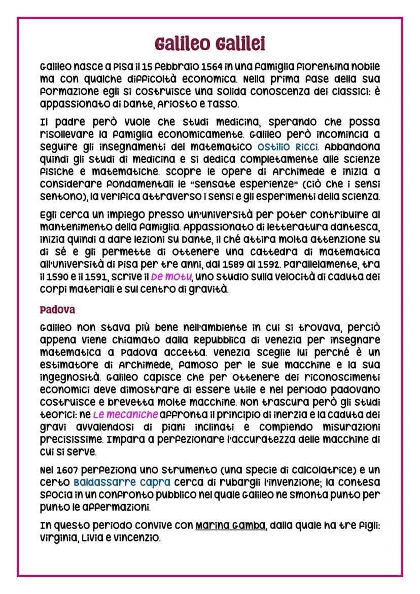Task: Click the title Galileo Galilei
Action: [210, 44]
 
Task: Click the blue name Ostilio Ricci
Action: [288, 147]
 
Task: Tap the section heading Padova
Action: [57, 309]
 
